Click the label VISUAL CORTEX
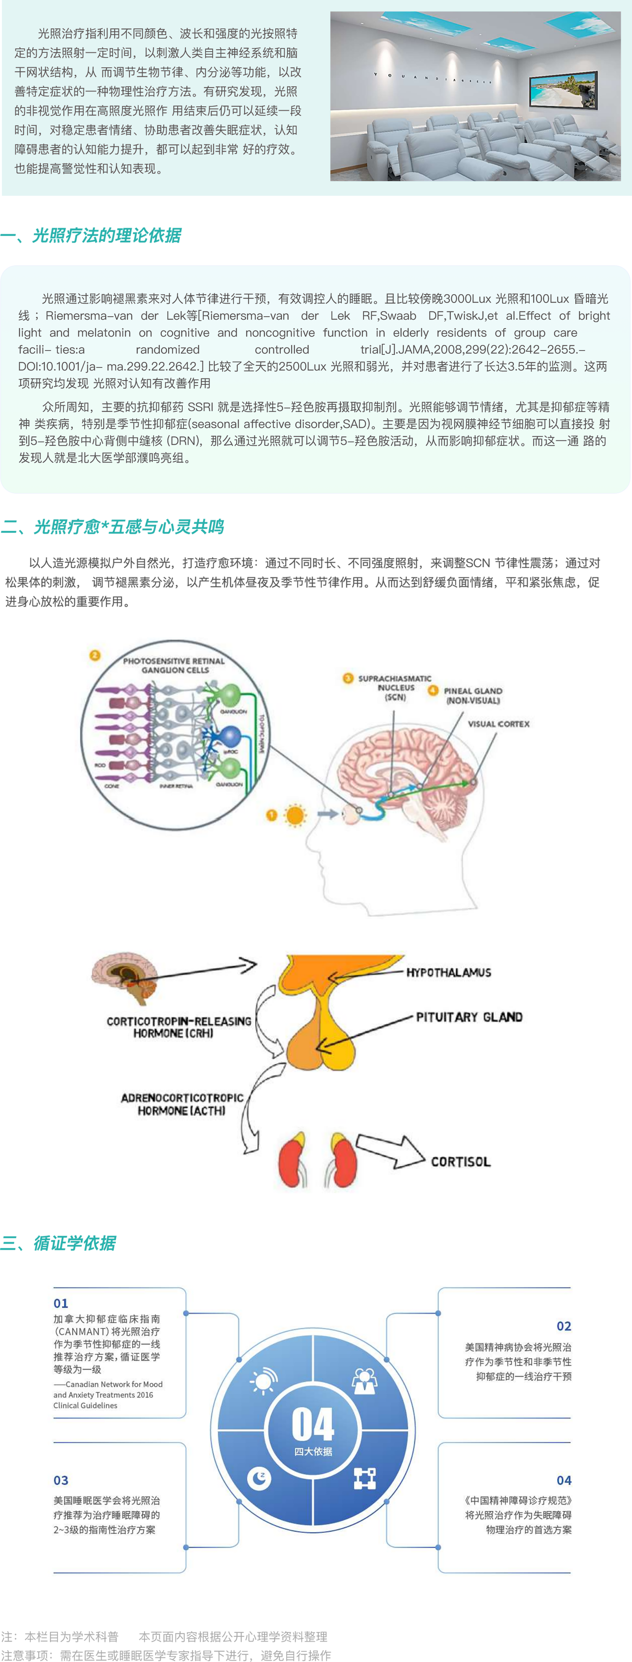499,724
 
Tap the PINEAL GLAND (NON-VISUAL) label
473,696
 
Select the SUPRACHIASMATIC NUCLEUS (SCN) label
395,688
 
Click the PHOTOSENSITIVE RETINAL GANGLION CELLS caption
174,665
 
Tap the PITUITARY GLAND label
469,1017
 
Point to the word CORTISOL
460,1161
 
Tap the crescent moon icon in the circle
259,1477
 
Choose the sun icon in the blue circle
263,1381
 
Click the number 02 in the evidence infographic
563,1326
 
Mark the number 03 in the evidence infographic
61,1480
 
